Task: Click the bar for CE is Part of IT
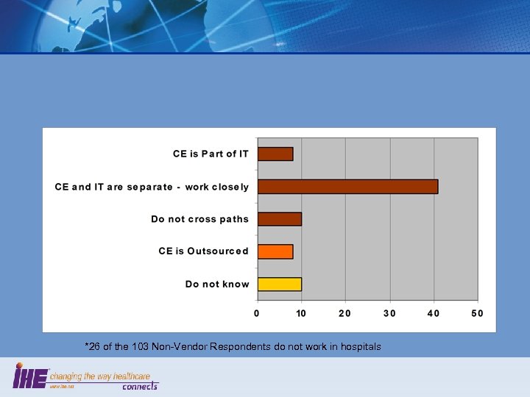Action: (x=275, y=154)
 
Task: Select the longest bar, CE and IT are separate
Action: (x=347, y=186)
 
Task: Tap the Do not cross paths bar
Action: (x=279, y=218)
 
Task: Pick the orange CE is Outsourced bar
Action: (x=275, y=251)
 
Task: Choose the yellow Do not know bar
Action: (x=279, y=284)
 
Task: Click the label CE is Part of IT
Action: (x=211, y=154)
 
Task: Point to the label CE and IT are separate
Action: (x=152, y=187)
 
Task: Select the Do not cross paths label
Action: (x=199, y=219)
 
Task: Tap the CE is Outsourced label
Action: (x=203, y=251)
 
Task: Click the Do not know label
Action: (x=217, y=284)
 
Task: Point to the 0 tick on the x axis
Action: (x=257, y=314)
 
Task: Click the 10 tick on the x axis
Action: (x=301, y=314)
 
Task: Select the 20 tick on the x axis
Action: (x=345, y=314)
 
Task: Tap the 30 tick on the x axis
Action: (x=389, y=314)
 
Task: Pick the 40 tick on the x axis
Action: (x=434, y=314)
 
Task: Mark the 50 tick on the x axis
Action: (x=477, y=314)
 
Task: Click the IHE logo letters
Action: (x=30, y=377)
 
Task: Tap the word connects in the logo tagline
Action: (x=139, y=386)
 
